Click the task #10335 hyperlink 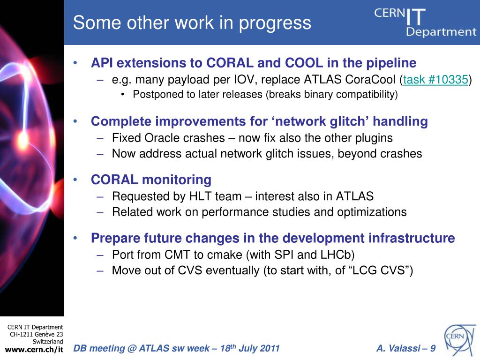tap(435, 80)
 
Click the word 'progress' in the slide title tap(275, 23)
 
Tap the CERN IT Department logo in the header tap(426, 22)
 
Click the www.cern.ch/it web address tap(34, 350)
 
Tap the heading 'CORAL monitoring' tap(151, 180)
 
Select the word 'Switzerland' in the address tap(48, 341)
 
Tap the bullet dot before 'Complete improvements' tap(75, 121)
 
